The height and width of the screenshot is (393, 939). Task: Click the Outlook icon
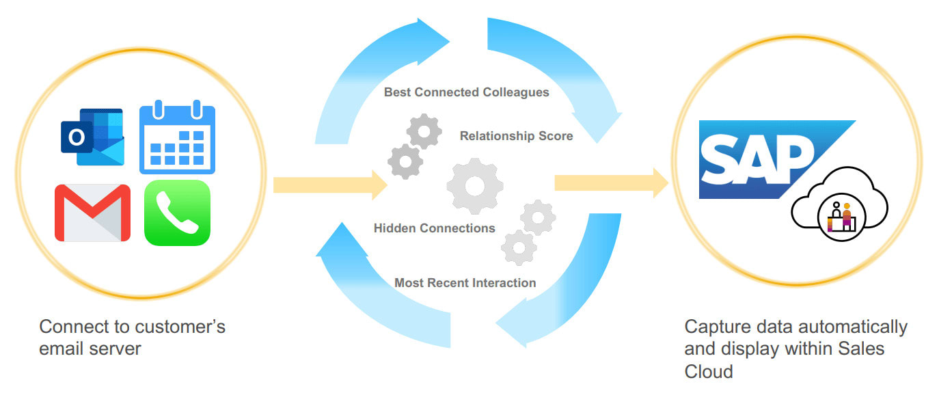pyautogui.click(x=92, y=137)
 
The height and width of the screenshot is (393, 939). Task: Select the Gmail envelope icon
pyautogui.click(x=92, y=213)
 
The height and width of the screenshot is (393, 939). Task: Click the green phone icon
pyautogui.click(x=177, y=213)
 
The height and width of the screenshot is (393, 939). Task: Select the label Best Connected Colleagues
pyautogui.click(x=466, y=92)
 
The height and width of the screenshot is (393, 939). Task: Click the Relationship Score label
pyautogui.click(x=516, y=136)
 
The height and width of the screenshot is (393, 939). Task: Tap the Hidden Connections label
pyautogui.click(x=434, y=228)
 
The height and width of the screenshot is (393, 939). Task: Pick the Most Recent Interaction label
pyautogui.click(x=465, y=282)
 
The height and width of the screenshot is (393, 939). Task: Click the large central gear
pyautogui.click(x=474, y=185)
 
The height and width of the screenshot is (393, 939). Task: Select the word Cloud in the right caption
pyautogui.click(x=709, y=371)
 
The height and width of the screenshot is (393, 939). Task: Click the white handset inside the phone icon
pyautogui.click(x=177, y=213)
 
